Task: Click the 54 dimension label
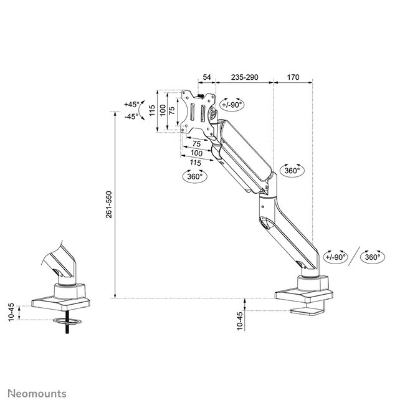tap(207, 77)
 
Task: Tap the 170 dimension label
tap(293, 77)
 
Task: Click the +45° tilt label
tap(131, 104)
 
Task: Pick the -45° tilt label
tap(131, 117)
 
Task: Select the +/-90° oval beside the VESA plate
tap(231, 105)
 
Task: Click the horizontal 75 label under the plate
tap(197, 143)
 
